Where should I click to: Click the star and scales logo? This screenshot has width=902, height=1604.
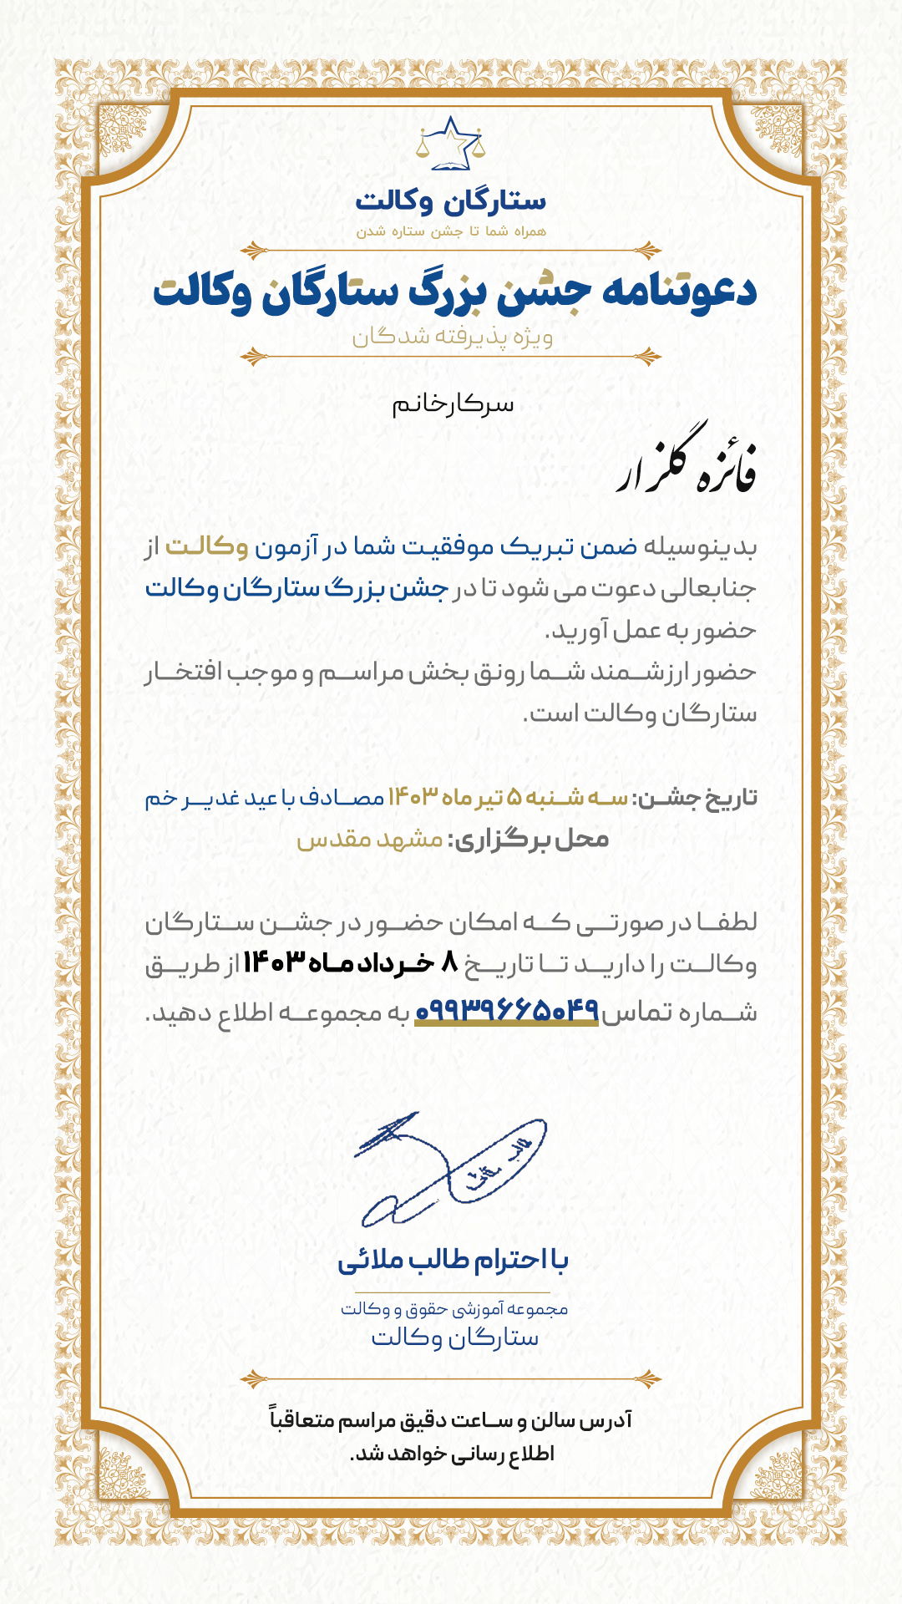click(451, 145)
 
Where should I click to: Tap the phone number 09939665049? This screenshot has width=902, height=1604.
click(507, 1011)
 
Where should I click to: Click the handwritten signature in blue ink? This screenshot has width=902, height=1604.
click(451, 1170)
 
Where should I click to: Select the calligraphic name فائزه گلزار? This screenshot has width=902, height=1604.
click(687, 464)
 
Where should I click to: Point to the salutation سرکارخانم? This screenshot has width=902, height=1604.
click(454, 405)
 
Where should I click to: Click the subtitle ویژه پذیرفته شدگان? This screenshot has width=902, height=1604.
click(452, 337)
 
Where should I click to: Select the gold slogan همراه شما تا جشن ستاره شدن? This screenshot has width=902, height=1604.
click(451, 231)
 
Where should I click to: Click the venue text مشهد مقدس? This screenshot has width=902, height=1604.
click(370, 839)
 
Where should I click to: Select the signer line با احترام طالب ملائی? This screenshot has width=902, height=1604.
click(453, 1260)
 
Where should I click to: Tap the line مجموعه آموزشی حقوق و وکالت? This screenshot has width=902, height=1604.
click(454, 1309)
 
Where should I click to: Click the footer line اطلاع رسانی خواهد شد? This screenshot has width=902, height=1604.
click(452, 1454)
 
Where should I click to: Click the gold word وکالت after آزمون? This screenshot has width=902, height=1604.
click(207, 547)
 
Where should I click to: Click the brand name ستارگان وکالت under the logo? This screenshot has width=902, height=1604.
click(451, 201)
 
